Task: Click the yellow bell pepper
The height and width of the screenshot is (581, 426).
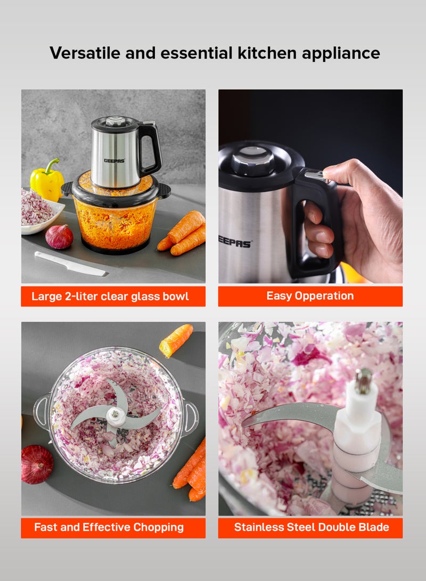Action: click(x=46, y=181)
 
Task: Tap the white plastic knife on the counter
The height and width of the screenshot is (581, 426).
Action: click(x=70, y=264)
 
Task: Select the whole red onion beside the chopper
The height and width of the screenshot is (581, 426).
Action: click(x=59, y=236)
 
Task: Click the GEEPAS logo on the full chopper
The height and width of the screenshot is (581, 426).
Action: click(x=114, y=161)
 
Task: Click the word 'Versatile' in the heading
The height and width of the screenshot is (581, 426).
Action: click(x=85, y=53)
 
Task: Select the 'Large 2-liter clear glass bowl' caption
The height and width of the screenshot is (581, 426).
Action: click(x=110, y=297)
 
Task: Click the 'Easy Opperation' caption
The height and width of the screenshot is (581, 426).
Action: click(x=310, y=296)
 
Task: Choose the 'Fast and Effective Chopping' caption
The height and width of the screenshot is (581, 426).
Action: click(x=109, y=527)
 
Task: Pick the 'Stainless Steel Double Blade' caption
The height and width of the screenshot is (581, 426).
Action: click(x=312, y=527)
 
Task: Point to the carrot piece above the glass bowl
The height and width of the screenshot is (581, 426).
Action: click(x=176, y=340)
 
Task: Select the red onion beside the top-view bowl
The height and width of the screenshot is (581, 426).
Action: click(x=37, y=464)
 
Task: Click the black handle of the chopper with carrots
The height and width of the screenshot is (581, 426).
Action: click(x=150, y=148)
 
